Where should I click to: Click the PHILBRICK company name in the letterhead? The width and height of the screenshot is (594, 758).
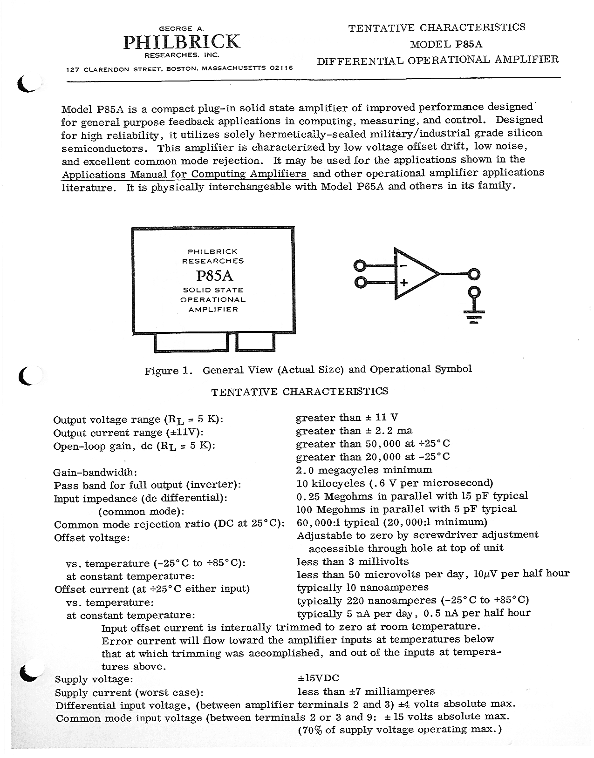point(181,42)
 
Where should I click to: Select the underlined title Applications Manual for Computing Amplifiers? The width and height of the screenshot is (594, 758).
point(184,175)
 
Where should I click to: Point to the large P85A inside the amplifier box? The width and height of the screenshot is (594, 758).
point(214,276)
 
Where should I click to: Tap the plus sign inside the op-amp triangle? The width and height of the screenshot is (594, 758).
point(403,282)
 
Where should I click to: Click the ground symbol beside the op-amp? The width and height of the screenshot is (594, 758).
point(474,318)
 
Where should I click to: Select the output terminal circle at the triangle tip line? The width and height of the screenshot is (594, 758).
point(474,274)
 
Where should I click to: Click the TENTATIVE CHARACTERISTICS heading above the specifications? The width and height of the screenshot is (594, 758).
point(299,391)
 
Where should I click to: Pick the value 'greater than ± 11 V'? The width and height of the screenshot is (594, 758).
point(347,418)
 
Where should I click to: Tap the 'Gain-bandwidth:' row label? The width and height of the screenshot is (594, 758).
point(95,473)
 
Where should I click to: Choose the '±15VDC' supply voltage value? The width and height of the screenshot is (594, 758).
point(318,678)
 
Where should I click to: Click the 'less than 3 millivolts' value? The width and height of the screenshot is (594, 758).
point(352,562)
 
